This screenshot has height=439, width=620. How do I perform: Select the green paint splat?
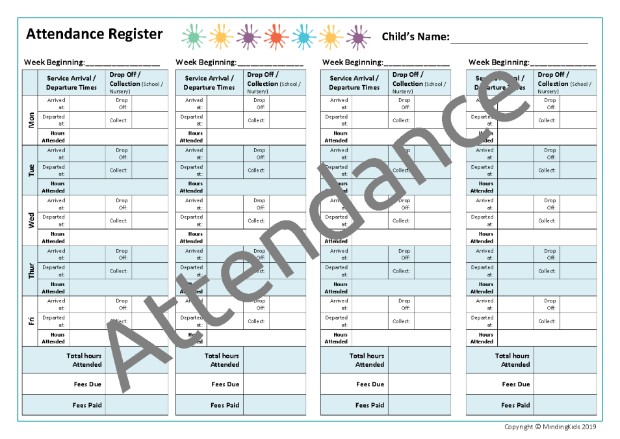(193, 37)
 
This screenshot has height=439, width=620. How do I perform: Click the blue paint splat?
(304, 37)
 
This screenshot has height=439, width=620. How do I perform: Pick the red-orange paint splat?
(276, 37)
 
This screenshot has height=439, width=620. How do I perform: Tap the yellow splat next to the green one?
(221, 37)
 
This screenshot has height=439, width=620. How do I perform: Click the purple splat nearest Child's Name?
(358, 37)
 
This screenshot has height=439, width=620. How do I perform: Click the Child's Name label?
(415, 37)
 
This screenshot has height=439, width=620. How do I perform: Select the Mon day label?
(31, 120)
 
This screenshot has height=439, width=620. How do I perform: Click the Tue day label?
(31, 170)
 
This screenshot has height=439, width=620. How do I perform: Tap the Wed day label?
(31, 220)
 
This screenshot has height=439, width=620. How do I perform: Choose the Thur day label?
(31, 271)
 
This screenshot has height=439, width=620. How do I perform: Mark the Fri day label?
(31, 321)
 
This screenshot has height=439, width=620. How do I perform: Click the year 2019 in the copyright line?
(588, 427)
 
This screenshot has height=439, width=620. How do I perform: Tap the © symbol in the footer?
(537, 427)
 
